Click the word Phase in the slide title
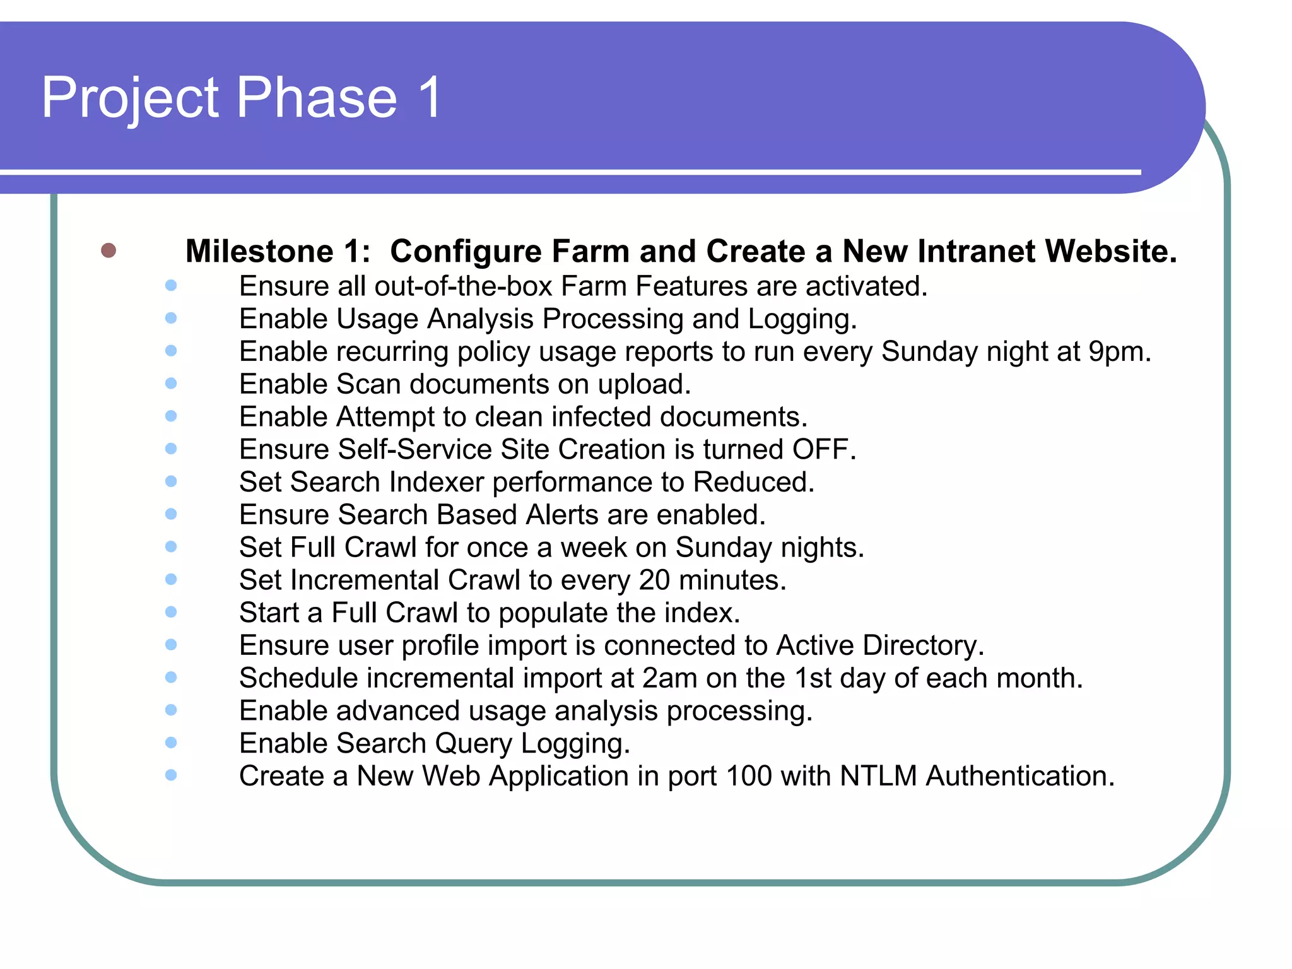point(317,98)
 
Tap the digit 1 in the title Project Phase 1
point(431,98)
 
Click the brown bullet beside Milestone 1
point(109,250)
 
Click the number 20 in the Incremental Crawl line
point(654,580)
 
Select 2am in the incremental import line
point(669,678)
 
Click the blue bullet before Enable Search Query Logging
point(171,743)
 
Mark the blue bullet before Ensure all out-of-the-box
point(171,286)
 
